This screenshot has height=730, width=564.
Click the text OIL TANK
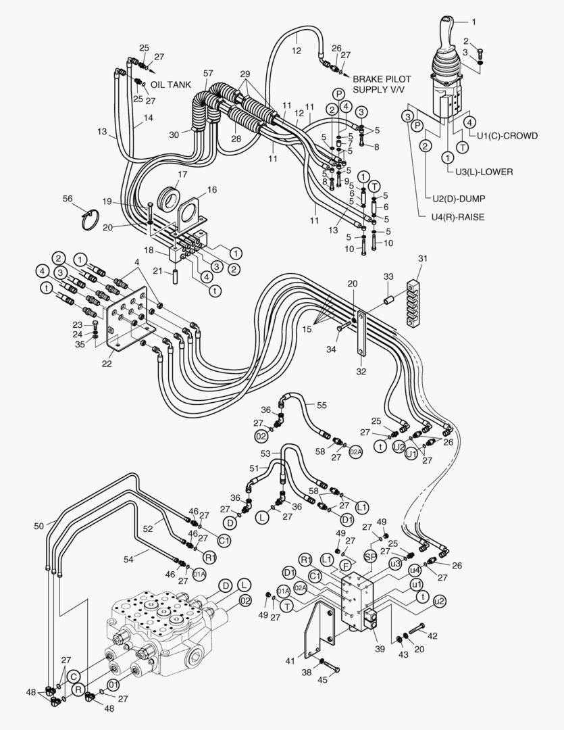tap(171, 84)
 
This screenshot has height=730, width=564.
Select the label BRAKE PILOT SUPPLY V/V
tap(386, 84)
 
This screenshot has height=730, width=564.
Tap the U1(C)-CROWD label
tap(507, 135)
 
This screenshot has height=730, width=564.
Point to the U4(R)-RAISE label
tap(457, 218)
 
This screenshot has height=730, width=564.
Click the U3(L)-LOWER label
tap(483, 172)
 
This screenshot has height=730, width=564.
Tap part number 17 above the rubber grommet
tap(165, 174)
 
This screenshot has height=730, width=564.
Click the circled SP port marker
tap(370, 555)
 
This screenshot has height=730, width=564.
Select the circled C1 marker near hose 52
tap(224, 541)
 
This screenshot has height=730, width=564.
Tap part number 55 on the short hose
tap(322, 405)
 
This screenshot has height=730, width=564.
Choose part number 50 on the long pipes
tap(39, 525)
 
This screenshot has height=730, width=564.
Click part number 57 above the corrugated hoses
tap(208, 72)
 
